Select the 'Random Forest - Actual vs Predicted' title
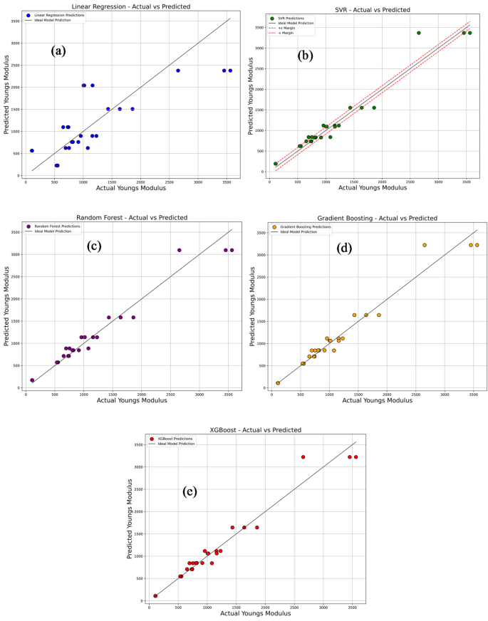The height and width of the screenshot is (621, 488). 130,217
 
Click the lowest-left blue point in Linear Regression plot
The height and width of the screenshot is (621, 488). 32,150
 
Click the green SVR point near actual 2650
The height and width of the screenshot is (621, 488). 419,33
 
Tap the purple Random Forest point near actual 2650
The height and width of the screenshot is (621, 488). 179,250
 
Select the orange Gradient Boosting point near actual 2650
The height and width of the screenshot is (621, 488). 425,245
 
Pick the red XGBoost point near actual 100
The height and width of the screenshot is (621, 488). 155,596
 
